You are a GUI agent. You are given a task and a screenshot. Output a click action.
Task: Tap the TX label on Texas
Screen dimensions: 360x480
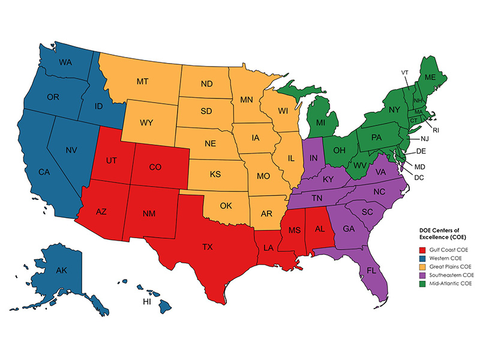click(207, 247)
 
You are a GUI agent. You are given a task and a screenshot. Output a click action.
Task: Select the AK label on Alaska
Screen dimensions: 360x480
click(61, 271)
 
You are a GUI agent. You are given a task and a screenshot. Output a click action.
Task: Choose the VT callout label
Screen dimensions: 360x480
click(404, 73)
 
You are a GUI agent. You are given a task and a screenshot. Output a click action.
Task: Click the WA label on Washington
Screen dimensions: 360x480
click(67, 62)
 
